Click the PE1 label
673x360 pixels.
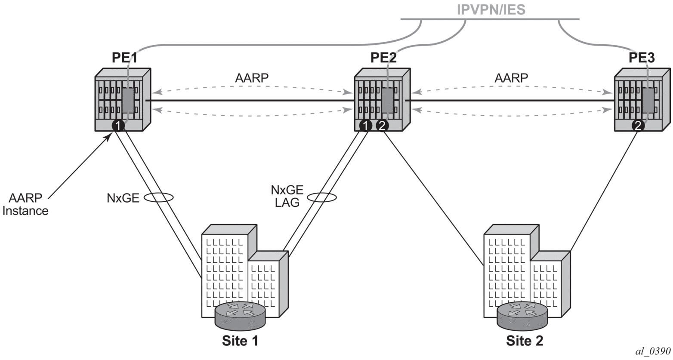(125, 58)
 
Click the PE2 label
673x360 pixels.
(383, 58)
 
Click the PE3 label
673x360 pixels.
(642, 58)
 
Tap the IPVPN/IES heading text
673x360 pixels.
(491, 10)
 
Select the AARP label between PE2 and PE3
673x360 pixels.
(511, 78)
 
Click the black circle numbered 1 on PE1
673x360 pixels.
(118, 126)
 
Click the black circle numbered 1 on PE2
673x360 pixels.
(365, 126)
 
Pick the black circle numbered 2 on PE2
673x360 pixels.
(382, 126)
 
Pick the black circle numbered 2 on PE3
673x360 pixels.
(638, 126)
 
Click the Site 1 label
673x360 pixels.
(240, 341)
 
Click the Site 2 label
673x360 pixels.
(524, 341)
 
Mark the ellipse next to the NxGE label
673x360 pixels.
(158, 198)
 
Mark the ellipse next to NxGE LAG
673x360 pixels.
(321, 197)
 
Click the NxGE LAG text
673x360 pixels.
(287, 196)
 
